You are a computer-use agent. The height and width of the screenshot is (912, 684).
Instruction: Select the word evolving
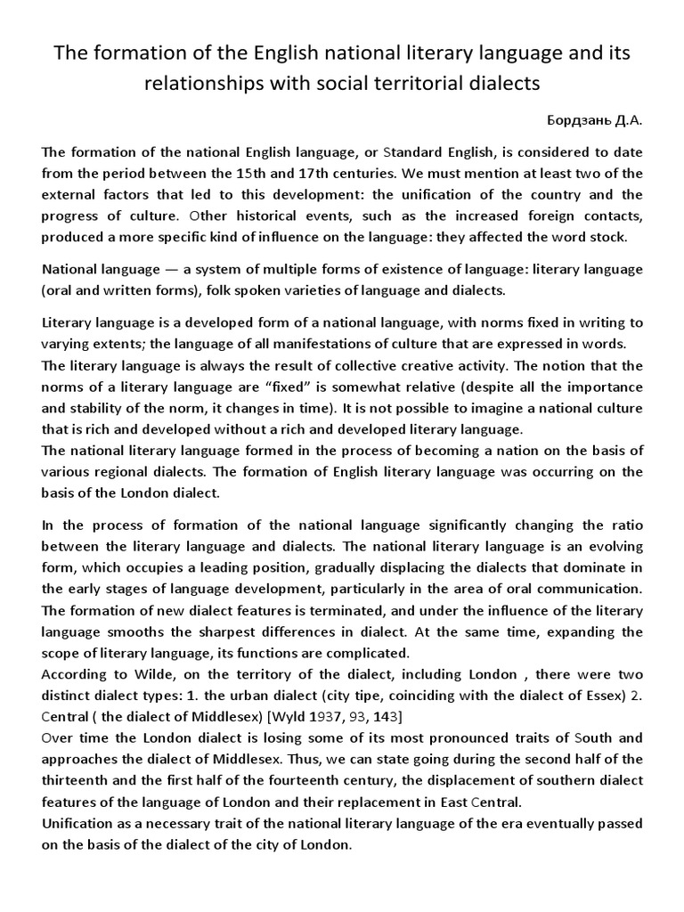coord(611,546)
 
